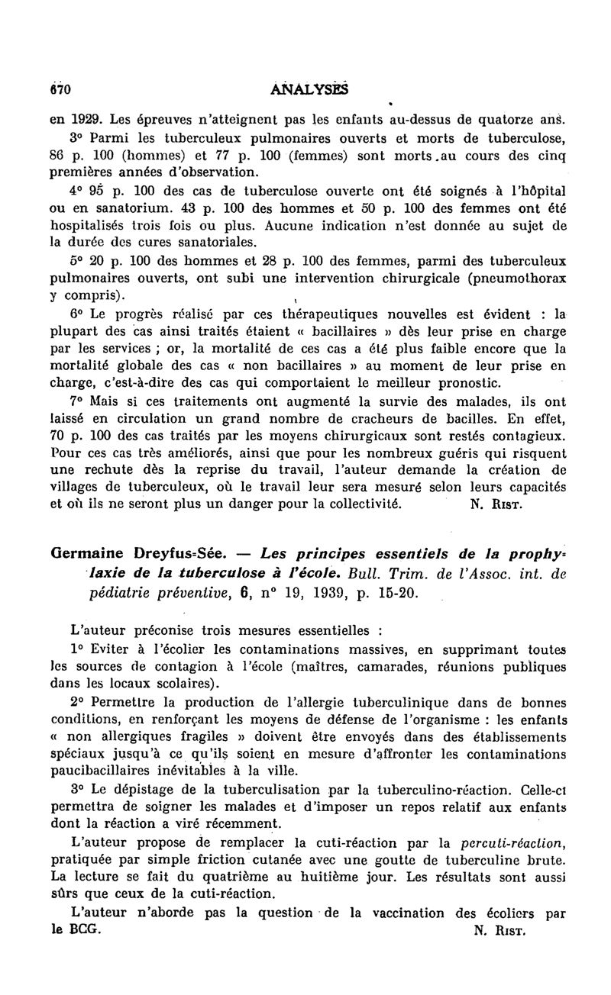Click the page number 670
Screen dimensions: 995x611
[x=60, y=89]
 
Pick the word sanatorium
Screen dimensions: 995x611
[x=104, y=207]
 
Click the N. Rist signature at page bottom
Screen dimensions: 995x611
[x=501, y=931]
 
